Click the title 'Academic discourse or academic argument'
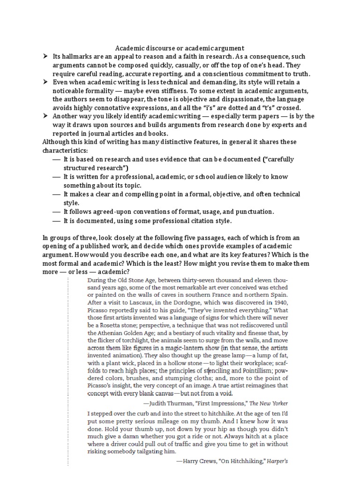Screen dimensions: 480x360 [180, 48]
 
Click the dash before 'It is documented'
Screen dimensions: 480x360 [57, 220]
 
